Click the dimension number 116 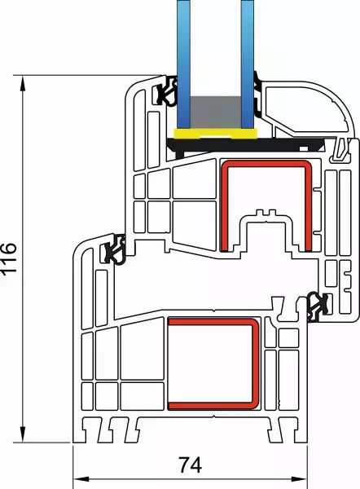pos(9,258)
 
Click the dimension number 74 pos(190,465)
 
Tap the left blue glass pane pos(183,64)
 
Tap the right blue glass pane pos(248,64)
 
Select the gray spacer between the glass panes pos(216,112)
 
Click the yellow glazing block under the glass pos(215,134)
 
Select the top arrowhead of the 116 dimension pos(23,84)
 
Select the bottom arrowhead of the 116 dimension pos(23,434)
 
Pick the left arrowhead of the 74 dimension pos(81,478)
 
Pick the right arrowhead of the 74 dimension pos(299,478)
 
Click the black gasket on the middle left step pos(114,249)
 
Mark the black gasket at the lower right pos(318,307)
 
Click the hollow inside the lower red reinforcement pos(210,363)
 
